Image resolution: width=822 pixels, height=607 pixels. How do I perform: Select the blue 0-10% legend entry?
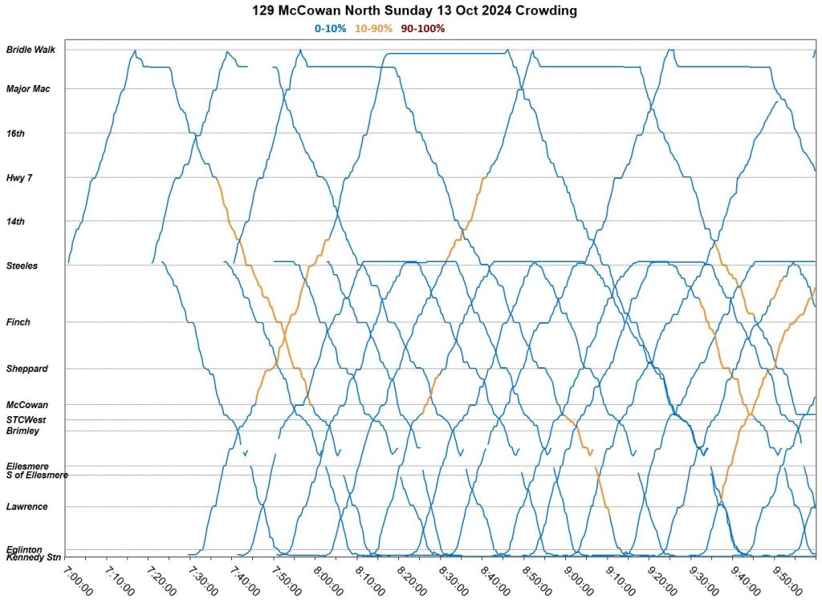click(330, 28)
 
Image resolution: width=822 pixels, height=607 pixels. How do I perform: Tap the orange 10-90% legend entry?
click(373, 28)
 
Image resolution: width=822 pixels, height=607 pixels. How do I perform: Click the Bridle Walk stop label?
click(31, 50)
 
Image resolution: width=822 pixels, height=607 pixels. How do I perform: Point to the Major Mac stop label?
click(28, 89)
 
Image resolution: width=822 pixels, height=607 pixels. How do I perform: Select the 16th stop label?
click(15, 133)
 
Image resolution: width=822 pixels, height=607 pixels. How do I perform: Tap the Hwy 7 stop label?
click(19, 177)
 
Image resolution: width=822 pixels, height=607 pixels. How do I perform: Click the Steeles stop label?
click(22, 265)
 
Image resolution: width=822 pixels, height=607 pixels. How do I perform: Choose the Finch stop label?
click(18, 322)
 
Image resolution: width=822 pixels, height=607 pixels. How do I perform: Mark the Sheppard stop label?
click(26, 369)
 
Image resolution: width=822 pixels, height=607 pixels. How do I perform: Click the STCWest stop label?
click(26, 419)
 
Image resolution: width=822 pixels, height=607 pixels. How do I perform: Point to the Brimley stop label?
click(22, 431)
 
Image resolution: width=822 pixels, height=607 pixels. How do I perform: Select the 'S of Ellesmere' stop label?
click(37, 475)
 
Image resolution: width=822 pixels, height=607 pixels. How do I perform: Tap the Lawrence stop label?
click(26, 507)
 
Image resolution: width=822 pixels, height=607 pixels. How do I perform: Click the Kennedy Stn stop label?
click(33, 556)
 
